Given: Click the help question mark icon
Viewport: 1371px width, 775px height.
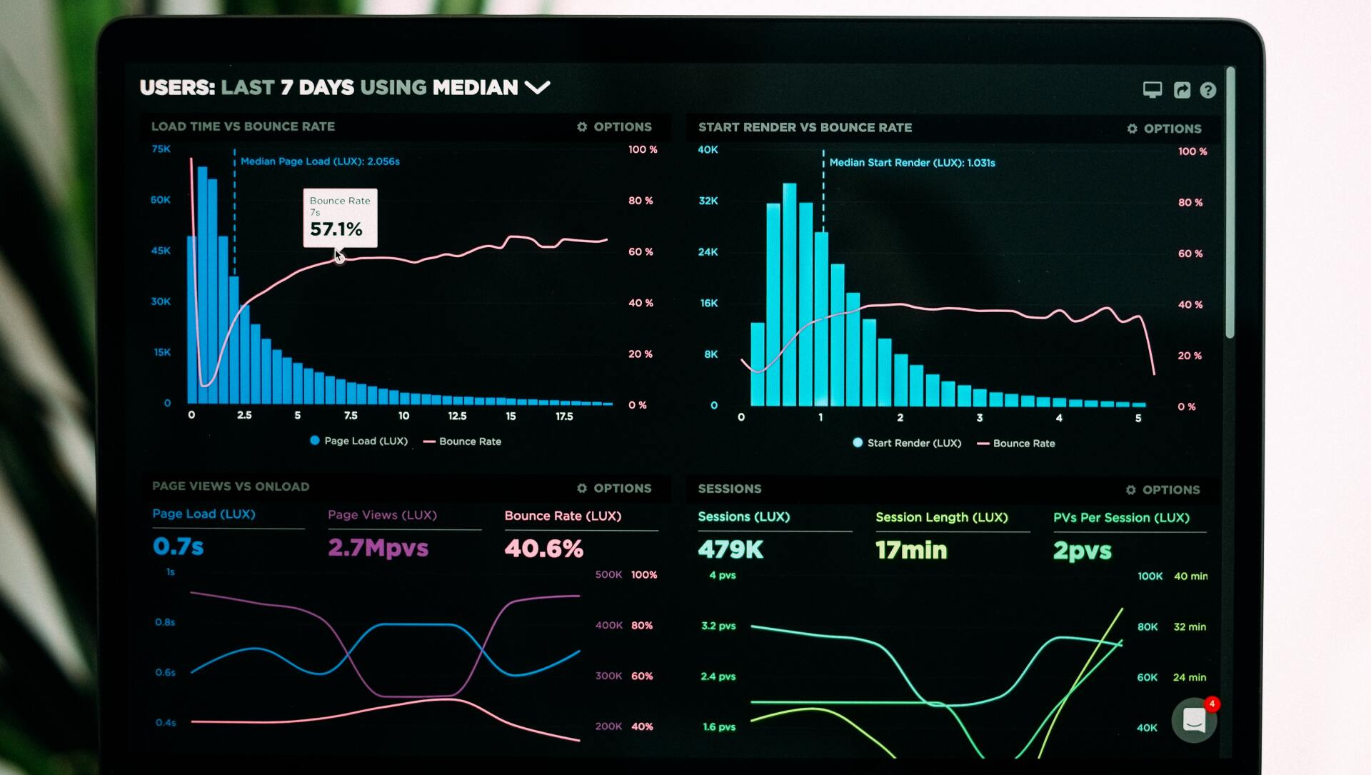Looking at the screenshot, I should coord(1207,90).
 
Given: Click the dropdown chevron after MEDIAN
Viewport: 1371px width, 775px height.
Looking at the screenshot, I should coord(537,87).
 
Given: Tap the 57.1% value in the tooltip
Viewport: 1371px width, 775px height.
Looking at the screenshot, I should coord(336,229).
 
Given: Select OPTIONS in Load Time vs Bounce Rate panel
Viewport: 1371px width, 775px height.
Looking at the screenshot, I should coord(615,126).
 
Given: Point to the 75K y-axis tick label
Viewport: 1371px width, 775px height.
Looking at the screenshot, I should coord(161,149).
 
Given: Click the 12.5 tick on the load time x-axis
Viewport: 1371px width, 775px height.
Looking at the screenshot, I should coord(457,416).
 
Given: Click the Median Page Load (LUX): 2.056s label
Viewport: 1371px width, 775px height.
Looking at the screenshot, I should coord(320,161).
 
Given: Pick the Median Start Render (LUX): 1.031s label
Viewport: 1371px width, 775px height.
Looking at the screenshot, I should coord(912,163).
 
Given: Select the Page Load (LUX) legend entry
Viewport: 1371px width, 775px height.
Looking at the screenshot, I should coord(359,441).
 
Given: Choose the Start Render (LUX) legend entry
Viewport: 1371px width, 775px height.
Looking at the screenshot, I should coord(908,443).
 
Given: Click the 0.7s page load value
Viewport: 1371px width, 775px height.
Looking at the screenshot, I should coord(179,546).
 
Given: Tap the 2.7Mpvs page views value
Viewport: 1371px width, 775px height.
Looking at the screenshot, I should coord(378,548).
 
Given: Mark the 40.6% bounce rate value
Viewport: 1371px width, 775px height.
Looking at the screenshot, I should coord(543,549).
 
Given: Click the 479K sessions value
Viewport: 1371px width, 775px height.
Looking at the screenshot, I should coord(730,549).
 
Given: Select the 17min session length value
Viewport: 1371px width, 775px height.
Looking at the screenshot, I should coord(911,550).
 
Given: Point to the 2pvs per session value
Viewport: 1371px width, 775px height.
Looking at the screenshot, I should coord(1083,551).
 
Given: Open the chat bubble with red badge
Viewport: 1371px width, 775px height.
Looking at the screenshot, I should coord(1194,720).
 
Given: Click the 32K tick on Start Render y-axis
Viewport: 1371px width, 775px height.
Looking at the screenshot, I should coord(708,201).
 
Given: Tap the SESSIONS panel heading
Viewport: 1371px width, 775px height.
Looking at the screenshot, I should coord(730,489).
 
